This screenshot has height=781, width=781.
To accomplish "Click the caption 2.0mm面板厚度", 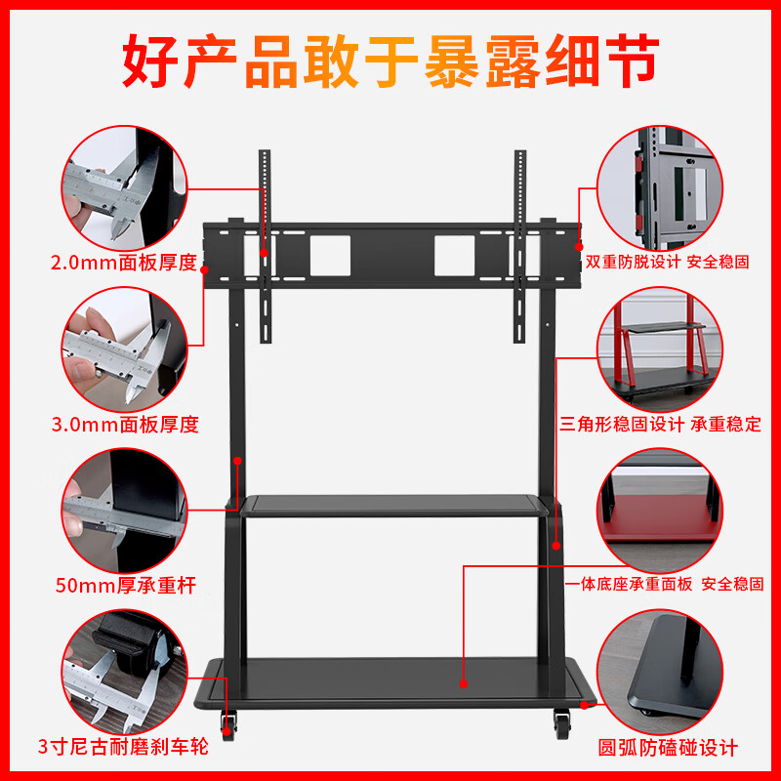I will click(x=124, y=263).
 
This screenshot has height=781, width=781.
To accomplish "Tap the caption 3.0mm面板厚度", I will click(x=124, y=425).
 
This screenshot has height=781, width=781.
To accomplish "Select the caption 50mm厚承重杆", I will click(x=124, y=586).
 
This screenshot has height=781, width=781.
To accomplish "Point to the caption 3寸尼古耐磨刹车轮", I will click(x=124, y=749).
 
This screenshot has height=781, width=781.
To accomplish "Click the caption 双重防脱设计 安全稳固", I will click(x=668, y=263).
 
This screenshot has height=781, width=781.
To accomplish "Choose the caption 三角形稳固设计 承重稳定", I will click(x=661, y=425).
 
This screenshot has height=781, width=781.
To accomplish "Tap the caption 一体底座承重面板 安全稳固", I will click(x=665, y=584).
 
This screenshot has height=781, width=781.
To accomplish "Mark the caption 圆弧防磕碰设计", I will click(x=668, y=749).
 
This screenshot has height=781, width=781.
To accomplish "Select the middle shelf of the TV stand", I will click(x=395, y=506).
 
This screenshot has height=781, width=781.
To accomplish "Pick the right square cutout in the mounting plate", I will click(x=454, y=254).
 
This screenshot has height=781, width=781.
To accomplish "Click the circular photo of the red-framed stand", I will click(x=660, y=349).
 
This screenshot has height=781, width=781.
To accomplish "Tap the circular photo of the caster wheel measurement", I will click(x=124, y=675).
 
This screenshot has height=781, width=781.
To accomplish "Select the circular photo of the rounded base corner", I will click(x=660, y=675).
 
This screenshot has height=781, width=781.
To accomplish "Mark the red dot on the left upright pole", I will click(x=238, y=458).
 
